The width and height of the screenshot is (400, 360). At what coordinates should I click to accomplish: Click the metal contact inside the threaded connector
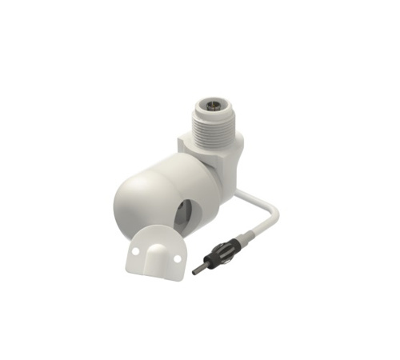pos(215,104)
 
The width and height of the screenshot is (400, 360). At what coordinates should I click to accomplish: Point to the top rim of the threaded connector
pos(215,98)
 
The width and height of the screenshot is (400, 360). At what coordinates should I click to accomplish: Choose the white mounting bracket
pos(154,254)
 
